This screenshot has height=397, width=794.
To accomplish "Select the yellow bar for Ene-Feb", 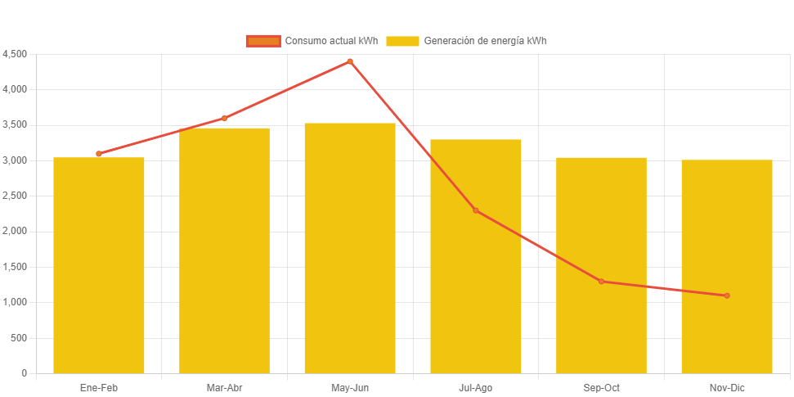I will [x=99, y=265].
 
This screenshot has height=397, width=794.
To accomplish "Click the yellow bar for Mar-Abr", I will [x=224, y=250].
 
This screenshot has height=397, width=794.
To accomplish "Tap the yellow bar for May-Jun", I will [x=350, y=248].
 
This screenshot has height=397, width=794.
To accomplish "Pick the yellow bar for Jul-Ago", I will [x=476, y=256].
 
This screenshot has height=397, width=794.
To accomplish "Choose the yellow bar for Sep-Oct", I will [x=601, y=265].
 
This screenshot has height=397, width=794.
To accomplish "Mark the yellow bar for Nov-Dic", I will [x=727, y=267].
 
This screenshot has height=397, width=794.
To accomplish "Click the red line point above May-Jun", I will [x=350, y=61].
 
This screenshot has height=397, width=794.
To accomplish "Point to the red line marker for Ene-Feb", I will [x=99, y=154].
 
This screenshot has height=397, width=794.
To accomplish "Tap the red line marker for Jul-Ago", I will [x=476, y=210].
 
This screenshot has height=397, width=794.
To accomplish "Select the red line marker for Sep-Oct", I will [x=601, y=282].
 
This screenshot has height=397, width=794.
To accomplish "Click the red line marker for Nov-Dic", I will [x=727, y=295].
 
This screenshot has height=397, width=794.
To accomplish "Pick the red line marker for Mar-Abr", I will [x=224, y=118].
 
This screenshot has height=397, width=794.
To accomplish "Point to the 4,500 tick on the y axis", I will [x=15, y=54].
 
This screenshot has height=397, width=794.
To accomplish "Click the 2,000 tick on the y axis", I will [x=15, y=232].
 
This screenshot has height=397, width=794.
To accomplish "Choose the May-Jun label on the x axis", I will [x=350, y=388].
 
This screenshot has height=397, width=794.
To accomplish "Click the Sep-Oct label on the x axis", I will [x=601, y=388].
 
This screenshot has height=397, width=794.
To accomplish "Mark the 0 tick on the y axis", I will [x=25, y=373].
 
